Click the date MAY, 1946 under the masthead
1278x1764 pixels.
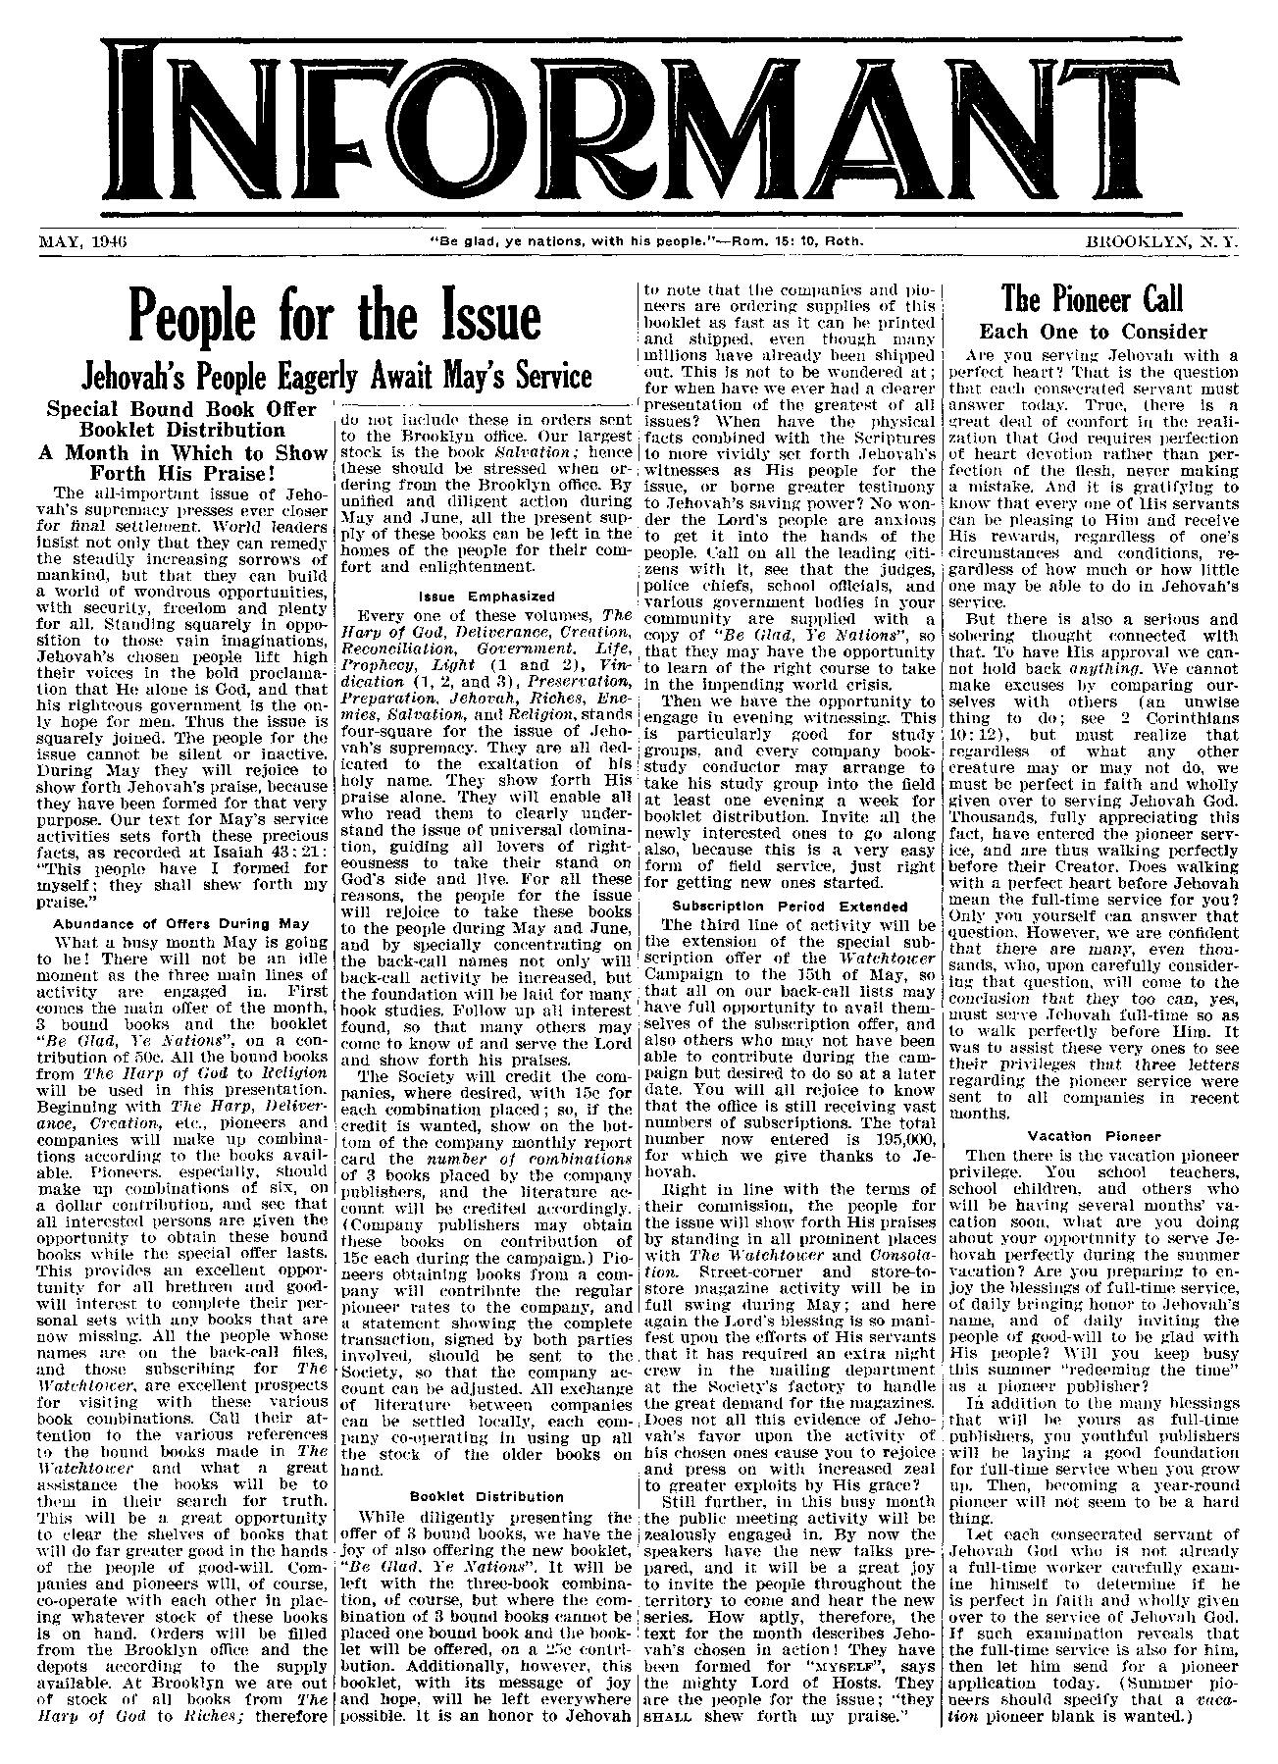[87, 239]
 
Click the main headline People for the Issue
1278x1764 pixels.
[336, 316]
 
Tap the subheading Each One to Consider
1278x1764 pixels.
[1093, 332]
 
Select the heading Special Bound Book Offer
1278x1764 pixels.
[182, 408]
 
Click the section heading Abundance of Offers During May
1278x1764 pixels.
[181, 922]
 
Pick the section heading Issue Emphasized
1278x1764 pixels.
[486, 596]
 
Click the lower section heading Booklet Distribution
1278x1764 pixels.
[486, 1496]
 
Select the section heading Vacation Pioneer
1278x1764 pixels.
[1093, 1135]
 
